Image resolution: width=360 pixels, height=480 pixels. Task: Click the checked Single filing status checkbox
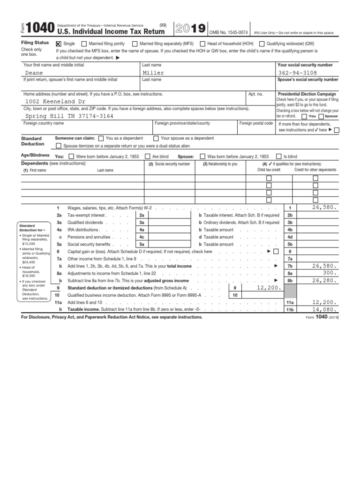coord(59,43)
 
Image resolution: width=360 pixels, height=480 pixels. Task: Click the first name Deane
coord(34,73)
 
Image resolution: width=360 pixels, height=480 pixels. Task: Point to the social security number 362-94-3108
coord(297,73)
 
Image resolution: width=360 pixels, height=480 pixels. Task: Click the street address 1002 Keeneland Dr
coord(55,101)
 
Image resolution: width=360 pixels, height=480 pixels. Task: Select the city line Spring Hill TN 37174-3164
coord(69,116)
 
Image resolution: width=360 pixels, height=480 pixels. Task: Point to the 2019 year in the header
coord(190,29)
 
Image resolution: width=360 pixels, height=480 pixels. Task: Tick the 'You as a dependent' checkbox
coord(101,138)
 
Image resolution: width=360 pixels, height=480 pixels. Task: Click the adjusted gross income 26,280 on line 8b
coord(323,280)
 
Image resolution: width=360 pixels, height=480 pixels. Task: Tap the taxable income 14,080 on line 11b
coord(323,309)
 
